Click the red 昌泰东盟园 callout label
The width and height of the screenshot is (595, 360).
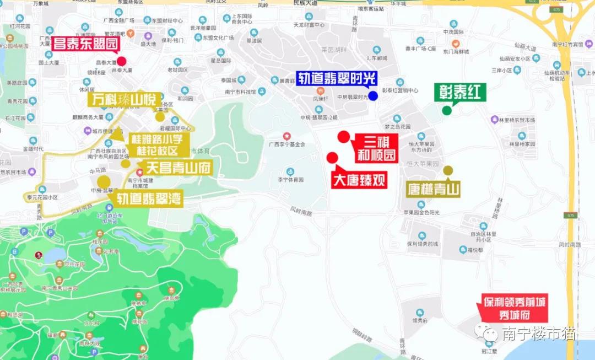tap(86, 44)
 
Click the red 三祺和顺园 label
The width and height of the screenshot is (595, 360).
tap(376, 148)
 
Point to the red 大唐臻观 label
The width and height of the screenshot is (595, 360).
tap(359, 180)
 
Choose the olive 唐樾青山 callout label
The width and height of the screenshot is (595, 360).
tap(434, 190)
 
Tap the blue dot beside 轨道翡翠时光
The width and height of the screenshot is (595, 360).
tap(373, 96)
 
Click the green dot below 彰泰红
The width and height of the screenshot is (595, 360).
tap(447, 110)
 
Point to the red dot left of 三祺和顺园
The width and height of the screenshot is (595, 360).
tap(344, 137)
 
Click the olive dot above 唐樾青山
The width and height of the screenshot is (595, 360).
tap(448, 171)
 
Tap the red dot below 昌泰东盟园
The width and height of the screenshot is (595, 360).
tap(121, 62)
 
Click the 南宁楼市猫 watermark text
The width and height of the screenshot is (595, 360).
tap(539, 334)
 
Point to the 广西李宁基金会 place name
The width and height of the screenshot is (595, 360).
tap(286, 144)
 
